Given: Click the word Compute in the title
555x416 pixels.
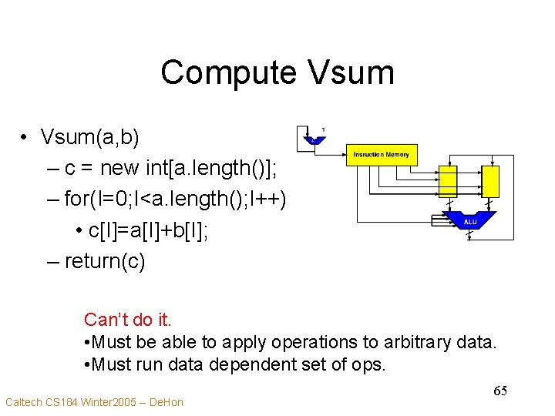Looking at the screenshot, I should click(x=227, y=73).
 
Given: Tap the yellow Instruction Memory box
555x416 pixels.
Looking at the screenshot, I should click(x=382, y=156).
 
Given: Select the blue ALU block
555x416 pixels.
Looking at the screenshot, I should click(x=470, y=221).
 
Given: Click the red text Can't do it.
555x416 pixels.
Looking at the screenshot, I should click(x=127, y=319).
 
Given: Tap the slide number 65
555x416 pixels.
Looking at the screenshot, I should click(x=500, y=391).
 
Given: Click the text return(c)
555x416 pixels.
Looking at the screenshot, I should click(x=105, y=261).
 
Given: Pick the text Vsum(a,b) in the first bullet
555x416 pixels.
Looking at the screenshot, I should click(x=90, y=137).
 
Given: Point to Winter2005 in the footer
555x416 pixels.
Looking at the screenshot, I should click(x=107, y=402).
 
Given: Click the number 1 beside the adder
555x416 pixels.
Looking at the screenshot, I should click(x=323, y=129).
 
